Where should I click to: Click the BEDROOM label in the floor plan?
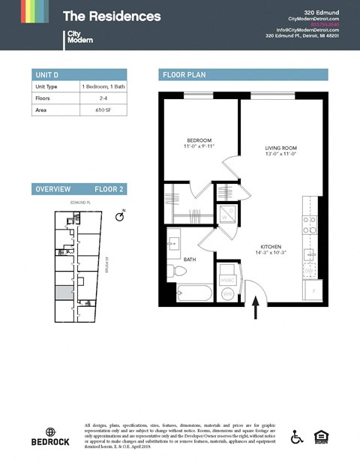pyautogui.click(x=199, y=140)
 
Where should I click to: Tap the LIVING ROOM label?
pyautogui.click(x=281, y=148)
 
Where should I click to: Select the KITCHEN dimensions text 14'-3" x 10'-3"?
pyautogui.click(x=270, y=253)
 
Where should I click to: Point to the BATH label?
pyautogui.click(x=190, y=260)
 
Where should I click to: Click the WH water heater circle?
pyautogui.click(x=227, y=295)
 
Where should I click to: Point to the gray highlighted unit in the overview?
pyautogui.click(x=63, y=293)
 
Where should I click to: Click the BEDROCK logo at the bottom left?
pyautogui.click(x=51, y=437)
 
